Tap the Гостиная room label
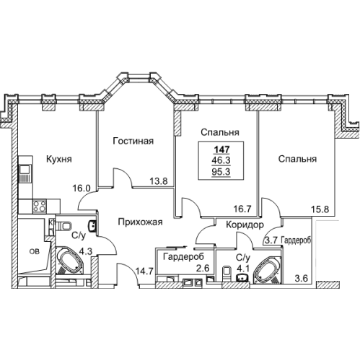click(x=133, y=142)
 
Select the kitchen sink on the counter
click(x=25, y=171)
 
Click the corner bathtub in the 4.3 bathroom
click(x=69, y=261)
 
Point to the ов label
click(x=33, y=251)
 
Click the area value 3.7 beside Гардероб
click(x=271, y=240)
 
